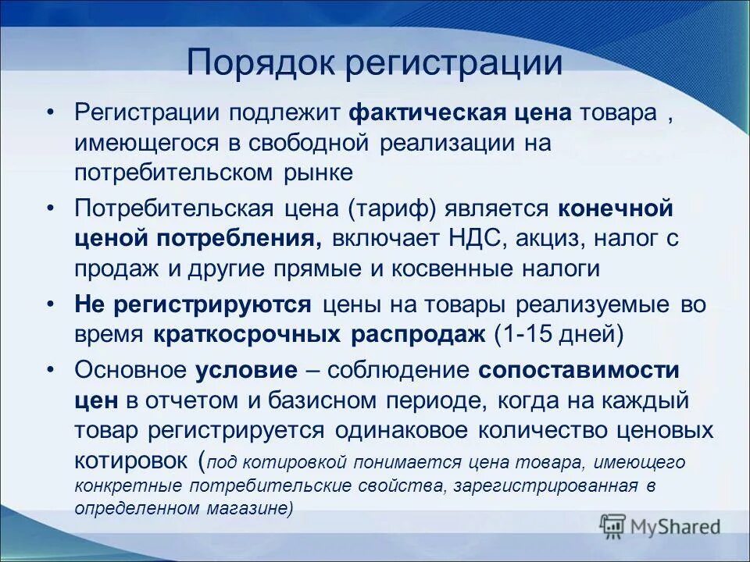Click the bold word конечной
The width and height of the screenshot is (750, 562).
(616, 209)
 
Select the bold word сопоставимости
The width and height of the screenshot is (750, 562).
(579, 371)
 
